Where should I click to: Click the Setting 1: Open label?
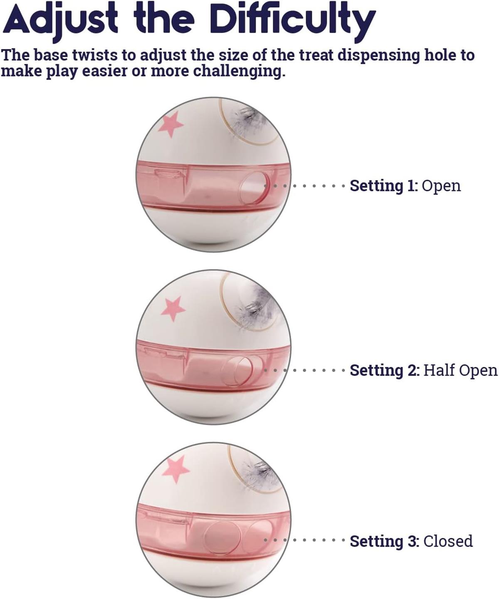tap(405, 186)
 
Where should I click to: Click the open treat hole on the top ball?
tap(254, 188)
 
